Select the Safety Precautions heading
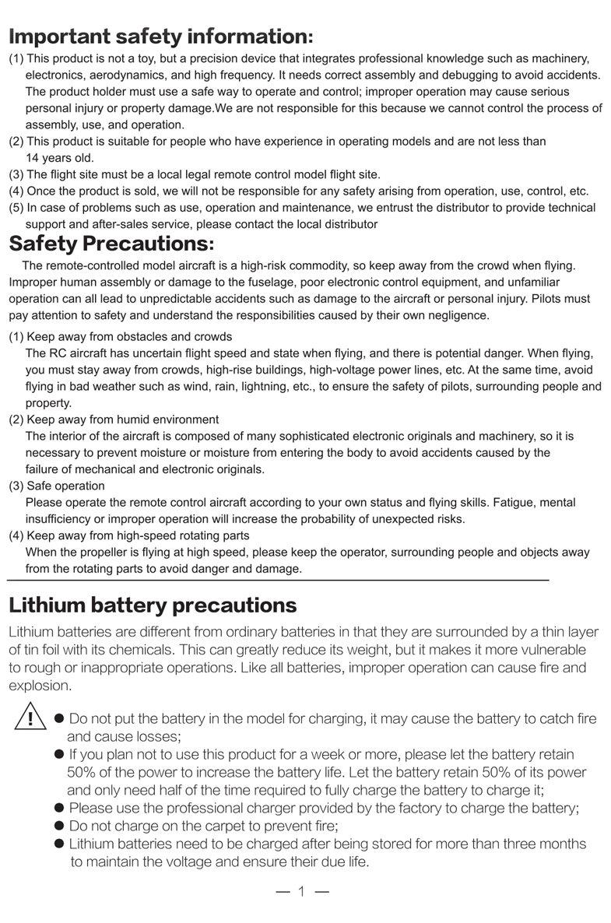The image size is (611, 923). click(111, 244)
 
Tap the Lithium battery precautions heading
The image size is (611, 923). click(153, 605)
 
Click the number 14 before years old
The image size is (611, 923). click(33, 158)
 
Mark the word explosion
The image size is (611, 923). click(40, 686)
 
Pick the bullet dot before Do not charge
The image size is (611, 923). click(59, 826)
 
